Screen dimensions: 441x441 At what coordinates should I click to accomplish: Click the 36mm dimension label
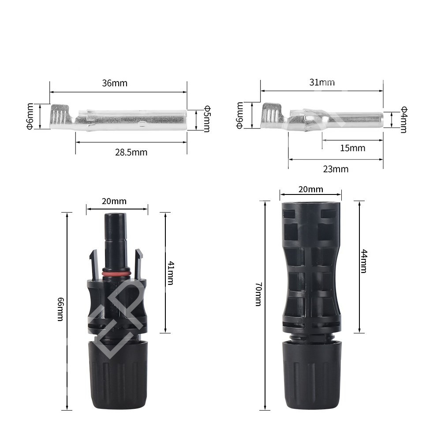pyautogui.click(x=115, y=83)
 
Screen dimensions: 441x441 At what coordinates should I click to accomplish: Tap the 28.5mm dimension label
pyautogui.click(x=131, y=153)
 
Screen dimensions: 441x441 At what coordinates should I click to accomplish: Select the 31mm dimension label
pyautogui.click(x=322, y=82)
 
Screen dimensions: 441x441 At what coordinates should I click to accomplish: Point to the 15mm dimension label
pyautogui.click(x=353, y=148)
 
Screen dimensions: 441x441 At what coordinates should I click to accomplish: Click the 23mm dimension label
pyautogui.click(x=336, y=169)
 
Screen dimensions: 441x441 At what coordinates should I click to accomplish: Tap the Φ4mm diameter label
pyautogui.click(x=404, y=120)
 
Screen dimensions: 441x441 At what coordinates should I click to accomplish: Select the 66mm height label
pyautogui.click(x=60, y=309)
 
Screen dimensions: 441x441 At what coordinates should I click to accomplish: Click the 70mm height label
pyautogui.click(x=258, y=294)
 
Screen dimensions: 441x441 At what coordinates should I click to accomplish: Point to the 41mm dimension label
pyautogui.click(x=170, y=273)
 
